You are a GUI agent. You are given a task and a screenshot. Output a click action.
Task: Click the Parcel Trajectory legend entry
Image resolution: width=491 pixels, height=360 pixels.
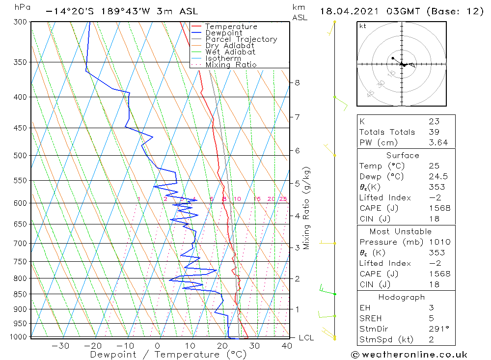click(241, 39)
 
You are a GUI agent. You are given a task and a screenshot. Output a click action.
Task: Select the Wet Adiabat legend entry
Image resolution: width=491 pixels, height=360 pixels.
click(230, 52)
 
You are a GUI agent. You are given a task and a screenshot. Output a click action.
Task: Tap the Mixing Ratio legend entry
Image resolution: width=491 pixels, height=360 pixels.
click(230, 65)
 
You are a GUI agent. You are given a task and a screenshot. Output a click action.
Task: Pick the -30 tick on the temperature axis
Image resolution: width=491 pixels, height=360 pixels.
click(60, 346)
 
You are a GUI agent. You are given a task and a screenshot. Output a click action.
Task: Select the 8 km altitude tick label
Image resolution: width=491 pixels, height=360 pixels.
click(297, 83)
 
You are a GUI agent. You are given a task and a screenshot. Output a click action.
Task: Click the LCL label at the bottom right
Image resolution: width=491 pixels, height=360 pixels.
click(306, 338)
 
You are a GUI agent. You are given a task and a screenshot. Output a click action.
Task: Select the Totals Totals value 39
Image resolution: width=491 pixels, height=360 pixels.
click(433, 132)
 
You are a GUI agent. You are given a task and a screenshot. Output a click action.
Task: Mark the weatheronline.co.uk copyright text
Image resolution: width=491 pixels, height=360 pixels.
click(409, 355)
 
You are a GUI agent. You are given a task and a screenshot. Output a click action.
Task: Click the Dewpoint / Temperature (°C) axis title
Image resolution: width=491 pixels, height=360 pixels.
click(168, 355)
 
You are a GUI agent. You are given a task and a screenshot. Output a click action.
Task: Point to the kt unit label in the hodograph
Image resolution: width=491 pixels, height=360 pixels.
click(363, 26)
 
